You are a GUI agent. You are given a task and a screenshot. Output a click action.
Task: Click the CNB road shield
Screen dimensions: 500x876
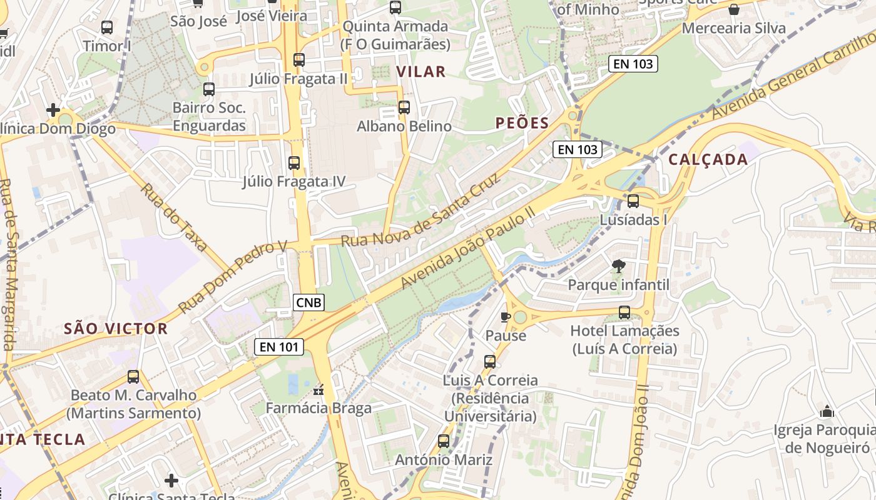pos(309,302)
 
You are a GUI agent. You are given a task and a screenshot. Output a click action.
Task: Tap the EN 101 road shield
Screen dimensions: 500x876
pos(279,346)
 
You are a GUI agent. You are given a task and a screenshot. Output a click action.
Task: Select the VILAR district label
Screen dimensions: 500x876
pos(421,72)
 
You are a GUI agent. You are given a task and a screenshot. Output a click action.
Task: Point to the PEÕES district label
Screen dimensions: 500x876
pos(522,123)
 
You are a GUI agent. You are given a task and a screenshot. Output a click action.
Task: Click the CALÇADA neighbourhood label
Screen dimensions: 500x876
pos(708,159)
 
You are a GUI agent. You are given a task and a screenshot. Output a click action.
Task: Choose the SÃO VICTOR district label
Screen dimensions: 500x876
pos(116,329)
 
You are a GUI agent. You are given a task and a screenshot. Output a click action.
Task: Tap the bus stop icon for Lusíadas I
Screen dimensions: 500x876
pos(633,201)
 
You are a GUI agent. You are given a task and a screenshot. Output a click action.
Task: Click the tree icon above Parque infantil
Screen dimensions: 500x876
pos(618,266)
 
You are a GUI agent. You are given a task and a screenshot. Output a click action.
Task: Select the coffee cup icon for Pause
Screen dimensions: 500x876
pos(506,317)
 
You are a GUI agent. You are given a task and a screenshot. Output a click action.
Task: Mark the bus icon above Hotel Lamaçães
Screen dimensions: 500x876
pos(624,312)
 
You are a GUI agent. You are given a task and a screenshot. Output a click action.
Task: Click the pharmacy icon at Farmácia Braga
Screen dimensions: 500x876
pos(319,391)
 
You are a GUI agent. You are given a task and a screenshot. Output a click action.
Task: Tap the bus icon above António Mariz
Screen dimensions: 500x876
pos(444,441)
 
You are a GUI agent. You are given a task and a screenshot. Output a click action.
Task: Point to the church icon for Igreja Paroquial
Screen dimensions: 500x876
pos(827,411)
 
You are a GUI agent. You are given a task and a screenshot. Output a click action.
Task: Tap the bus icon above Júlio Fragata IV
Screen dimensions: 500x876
pos(294,163)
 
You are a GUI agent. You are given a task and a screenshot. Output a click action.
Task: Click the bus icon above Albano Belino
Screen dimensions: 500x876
pos(404,107)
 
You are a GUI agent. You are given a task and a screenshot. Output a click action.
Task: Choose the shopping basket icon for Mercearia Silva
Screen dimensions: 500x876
pos(734,9)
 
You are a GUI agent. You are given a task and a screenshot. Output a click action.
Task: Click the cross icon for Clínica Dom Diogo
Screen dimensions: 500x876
pos(53,111)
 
